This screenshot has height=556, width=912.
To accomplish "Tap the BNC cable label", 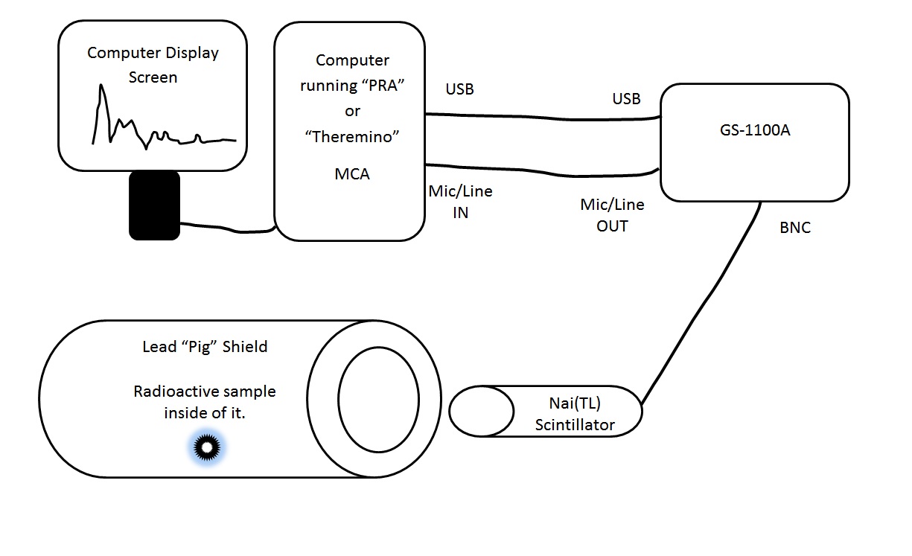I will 794,229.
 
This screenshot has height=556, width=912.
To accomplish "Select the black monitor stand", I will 154,205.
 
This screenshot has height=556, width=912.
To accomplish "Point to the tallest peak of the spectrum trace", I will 101,87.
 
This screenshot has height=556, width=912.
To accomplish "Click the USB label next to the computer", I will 459,89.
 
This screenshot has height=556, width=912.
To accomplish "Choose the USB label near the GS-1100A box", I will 625,99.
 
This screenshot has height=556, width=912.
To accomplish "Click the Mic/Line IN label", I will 460,202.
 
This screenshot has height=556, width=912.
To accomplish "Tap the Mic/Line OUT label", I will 612,215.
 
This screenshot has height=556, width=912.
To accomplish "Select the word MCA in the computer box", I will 352,175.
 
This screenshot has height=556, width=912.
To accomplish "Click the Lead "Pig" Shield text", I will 204,347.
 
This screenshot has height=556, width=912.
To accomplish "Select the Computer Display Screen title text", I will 153,65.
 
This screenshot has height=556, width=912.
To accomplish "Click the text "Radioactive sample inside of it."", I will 204,402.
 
